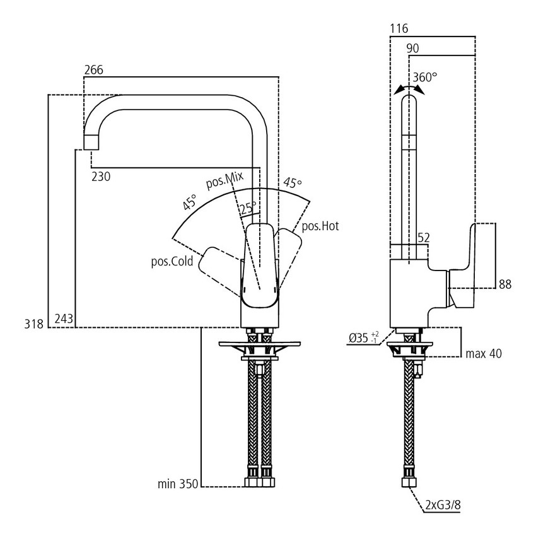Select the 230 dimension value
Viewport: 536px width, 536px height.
101,177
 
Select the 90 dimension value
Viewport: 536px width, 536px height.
413,49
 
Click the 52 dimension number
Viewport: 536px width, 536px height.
424,237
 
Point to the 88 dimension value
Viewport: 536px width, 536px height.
504,285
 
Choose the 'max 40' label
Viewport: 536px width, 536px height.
484,354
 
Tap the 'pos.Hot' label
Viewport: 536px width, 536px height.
320,226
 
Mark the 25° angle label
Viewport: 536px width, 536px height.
247,207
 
